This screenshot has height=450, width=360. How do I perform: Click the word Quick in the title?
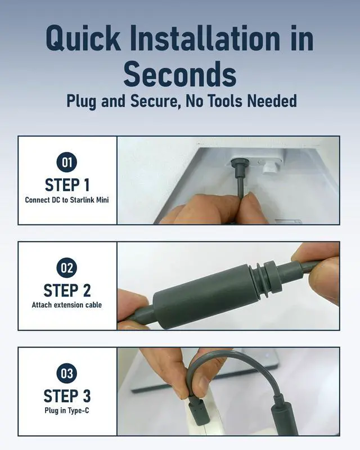[83, 39]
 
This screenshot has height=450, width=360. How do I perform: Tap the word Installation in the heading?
[205, 38]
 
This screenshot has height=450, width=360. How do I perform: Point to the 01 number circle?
[66, 163]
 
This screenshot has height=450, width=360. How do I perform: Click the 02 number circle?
[66, 268]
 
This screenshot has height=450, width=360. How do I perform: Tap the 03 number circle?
[66, 373]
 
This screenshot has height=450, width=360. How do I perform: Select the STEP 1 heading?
[67, 185]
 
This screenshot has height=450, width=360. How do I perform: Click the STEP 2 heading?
[67, 290]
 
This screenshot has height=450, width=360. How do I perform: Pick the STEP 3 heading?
[67, 396]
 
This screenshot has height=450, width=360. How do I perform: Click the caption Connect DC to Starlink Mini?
[67, 200]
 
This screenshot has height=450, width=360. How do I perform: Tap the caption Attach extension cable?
[66, 305]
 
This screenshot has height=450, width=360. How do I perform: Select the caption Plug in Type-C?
[66, 411]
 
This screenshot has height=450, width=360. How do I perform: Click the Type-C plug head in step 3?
[197, 412]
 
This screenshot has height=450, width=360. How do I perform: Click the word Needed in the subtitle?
[272, 101]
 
